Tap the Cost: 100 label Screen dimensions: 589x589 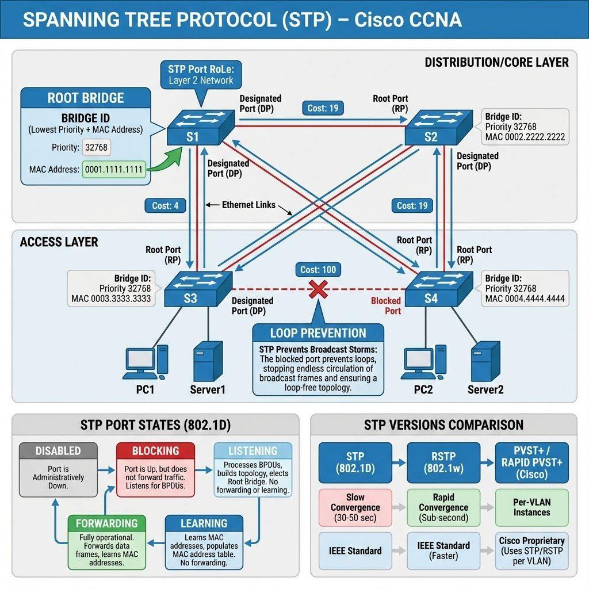[318, 270]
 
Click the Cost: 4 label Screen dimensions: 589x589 [165, 206]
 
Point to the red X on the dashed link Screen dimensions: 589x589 [318, 290]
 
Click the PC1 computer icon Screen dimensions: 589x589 [146, 362]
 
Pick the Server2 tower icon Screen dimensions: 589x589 [485, 361]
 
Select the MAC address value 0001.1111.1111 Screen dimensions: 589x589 [114, 170]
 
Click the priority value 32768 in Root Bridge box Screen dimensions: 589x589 [97, 147]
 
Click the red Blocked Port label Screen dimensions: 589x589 [386, 306]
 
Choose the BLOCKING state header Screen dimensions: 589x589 [155, 451]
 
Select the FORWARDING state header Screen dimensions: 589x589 [106, 523]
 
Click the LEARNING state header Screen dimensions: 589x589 [204, 523]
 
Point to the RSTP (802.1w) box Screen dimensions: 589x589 [443, 463]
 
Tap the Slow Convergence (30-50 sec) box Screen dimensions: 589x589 [355, 507]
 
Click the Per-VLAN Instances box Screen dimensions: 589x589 [531, 507]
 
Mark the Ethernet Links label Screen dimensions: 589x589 [248, 205]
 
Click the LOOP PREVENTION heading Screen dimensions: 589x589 [318, 333]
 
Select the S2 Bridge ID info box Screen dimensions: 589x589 [525, 127]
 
